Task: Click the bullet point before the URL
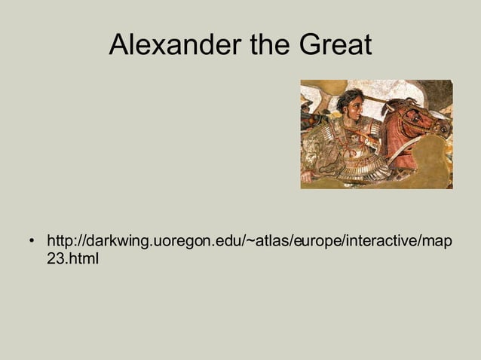[32, 243]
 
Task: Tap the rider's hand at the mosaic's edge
[307, 177]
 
